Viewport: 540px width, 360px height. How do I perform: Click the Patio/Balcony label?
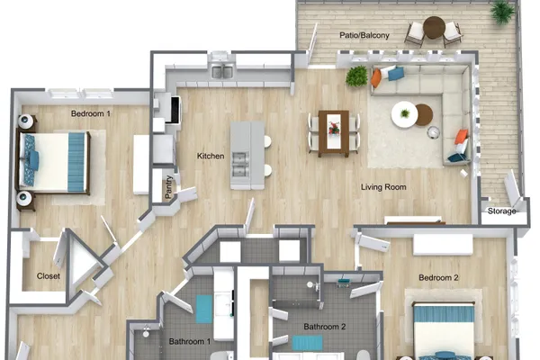(364, 35)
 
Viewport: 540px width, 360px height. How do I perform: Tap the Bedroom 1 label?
(91, 113)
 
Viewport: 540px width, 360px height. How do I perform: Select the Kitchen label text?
(211, 156)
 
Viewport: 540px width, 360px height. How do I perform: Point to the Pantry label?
(168, 187)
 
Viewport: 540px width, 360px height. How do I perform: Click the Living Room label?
(383, 187)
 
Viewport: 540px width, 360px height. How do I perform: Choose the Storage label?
(502, 211)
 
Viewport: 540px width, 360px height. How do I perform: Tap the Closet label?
(49, 276)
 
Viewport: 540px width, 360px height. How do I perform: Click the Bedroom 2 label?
(438, 278)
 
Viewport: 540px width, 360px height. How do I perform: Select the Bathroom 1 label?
(189, 341)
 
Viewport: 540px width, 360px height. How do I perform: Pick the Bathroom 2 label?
(324, 327)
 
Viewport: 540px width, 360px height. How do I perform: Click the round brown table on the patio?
(435, 28)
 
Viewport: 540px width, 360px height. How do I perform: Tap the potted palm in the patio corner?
(502, 12)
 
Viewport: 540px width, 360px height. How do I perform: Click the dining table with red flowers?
(333, 133)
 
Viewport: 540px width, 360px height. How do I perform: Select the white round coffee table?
(405, 114)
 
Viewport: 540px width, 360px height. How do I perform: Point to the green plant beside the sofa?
(356, 76)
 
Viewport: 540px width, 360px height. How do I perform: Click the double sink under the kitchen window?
(222, 72)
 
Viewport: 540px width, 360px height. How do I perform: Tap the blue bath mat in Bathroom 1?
(204, 309)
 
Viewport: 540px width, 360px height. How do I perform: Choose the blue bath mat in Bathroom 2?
(308, 343)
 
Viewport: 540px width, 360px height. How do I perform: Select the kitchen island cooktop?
(240, 165)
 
